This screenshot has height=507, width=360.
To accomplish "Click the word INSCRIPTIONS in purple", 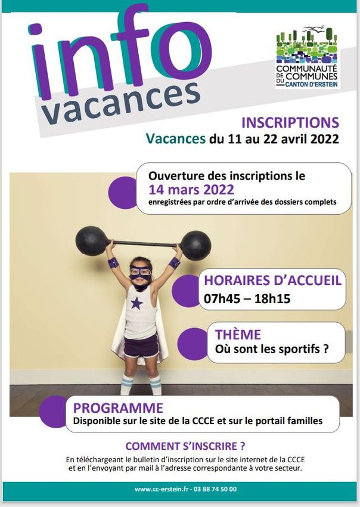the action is coord(290,122).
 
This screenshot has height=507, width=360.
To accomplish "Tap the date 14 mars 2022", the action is coord(191,190).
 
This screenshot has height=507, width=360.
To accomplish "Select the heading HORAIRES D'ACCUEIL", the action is coord(272,280).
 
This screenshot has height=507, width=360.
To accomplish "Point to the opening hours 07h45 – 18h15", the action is coord(247,298).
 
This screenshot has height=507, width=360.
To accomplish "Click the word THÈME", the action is coord(238,335).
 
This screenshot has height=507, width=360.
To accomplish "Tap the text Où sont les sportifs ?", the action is coord(272,349).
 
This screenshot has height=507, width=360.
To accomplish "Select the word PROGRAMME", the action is coord(118,408).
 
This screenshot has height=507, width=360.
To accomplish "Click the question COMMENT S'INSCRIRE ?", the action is coord(185,446).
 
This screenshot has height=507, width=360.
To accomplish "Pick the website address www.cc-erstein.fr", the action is coord(162,489).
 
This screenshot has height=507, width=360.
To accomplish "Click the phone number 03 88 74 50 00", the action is coord(215,489).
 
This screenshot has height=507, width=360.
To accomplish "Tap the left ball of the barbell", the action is coord(92,241).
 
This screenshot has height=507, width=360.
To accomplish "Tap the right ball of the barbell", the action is coord(195,246).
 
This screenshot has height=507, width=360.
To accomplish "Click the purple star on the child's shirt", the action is coord(136,303).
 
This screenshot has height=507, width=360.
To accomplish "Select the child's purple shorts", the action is coord(141,346).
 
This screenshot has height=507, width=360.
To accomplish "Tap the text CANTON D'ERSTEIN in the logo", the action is coord(312,84).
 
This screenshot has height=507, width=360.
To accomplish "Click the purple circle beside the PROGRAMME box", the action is coord(53,412).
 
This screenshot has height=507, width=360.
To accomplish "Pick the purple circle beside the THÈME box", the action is coord(193,344).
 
